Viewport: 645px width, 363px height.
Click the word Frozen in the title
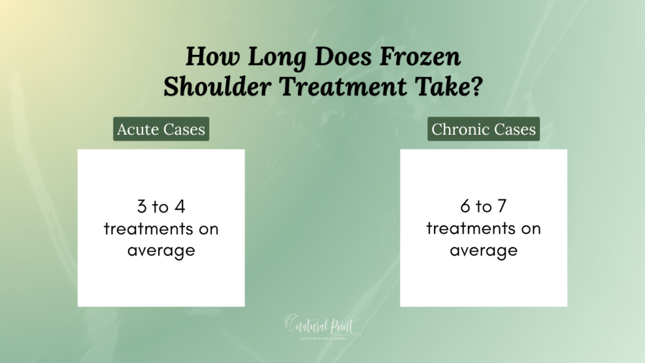(420, 56)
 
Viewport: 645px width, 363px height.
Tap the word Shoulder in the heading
(217, 87)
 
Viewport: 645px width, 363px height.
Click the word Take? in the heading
(448, 87)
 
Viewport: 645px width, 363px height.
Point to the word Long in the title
(277, 57)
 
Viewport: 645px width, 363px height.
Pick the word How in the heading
(212, 56)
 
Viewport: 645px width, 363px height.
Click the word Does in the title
(343, 56)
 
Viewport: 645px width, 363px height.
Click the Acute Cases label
(161, 129)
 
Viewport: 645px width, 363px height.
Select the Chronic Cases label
(483, 129)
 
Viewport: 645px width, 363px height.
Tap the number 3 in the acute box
(142, 206)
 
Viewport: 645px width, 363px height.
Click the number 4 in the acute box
(180, 206)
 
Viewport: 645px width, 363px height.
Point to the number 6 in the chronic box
(465, 206)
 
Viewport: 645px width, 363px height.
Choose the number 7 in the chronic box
(502, 206)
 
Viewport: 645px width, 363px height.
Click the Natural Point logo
(323, 327)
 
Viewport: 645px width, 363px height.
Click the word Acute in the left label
(138, 129)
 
